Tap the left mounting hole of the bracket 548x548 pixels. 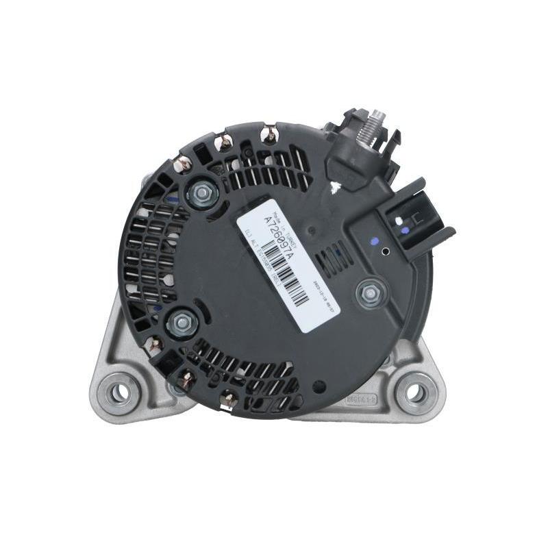(119, 393)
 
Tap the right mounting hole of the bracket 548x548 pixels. (414, 393)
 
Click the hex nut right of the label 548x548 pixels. (370, 293)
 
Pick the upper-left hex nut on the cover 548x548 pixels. (201, 195)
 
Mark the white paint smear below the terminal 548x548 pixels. (335, 184)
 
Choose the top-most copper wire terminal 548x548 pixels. (270, 134)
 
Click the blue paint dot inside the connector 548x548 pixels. (406, 231)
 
